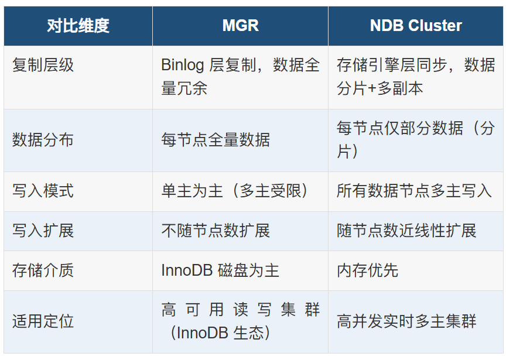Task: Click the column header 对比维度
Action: pos(78,26)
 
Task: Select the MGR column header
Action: pos(241,26)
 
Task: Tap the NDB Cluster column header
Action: pos(416,26)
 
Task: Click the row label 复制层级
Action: pos(43,65)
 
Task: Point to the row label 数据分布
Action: pos(43,140)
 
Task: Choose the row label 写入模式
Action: pos(43,191)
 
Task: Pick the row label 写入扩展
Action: pos(43,231)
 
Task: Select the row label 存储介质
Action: pos(43,270)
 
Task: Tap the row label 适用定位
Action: pos(43,321)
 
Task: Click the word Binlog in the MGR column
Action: pos(183,65)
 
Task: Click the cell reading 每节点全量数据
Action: pos(216,140)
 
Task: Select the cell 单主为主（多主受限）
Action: pos(235,191)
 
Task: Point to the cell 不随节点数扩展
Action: pos(216,231)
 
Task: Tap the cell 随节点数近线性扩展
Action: pos(406,231)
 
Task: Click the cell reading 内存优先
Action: pos(367,270)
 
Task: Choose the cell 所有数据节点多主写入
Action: pos(414,191)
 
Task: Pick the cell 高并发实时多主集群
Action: pos(406,321)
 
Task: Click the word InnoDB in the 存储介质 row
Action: pos(187,270)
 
